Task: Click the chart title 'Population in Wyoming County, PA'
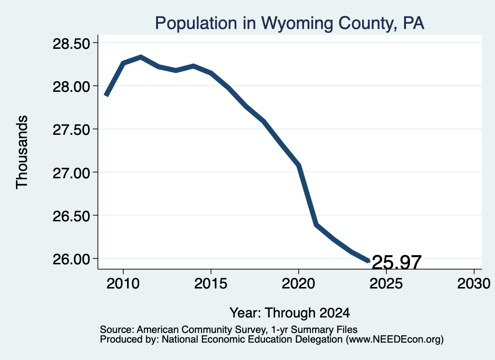point(290,23)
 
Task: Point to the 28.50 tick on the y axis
point(72,43)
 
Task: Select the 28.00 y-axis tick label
point(72,86)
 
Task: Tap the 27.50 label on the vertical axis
point(72,130)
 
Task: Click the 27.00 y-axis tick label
point(72,173)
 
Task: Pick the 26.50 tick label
point(72,216)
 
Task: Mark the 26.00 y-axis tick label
point(72,259)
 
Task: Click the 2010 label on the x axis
point(123,283)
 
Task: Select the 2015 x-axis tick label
point(211,283)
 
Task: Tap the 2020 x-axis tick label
point(298,283)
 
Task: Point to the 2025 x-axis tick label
point(386,283)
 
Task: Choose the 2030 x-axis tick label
point(474,283)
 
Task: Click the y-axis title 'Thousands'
point(22,152)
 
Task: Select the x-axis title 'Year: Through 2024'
point(290,313)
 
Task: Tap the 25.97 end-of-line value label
point(397,262)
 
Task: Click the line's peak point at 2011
point(141,57)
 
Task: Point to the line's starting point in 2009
point(106,95)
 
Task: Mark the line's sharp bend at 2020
point(298,165)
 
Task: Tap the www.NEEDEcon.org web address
point(394,339)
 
